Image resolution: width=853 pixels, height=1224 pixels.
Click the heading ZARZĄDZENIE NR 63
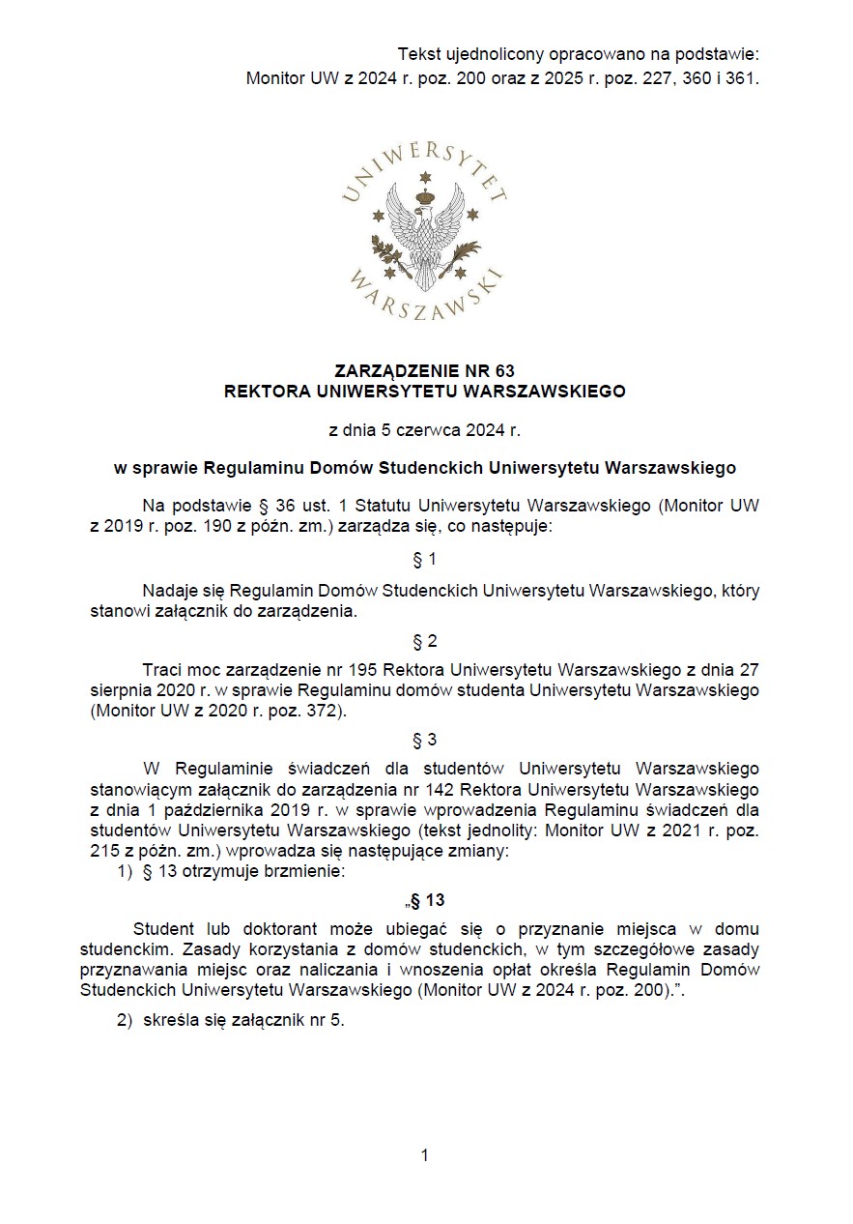pos(424,371)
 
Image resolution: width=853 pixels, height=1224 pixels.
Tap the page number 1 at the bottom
pos(424,1155)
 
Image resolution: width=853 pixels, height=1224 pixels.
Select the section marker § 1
pos(424,560)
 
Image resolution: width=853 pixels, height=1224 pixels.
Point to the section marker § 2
pos(424,641)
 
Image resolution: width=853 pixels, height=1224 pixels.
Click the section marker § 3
pos(424,741)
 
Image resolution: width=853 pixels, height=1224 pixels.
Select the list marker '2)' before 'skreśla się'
pos(125,1023)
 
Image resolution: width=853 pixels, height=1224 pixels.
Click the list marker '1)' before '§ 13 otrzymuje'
pos(125,871)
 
